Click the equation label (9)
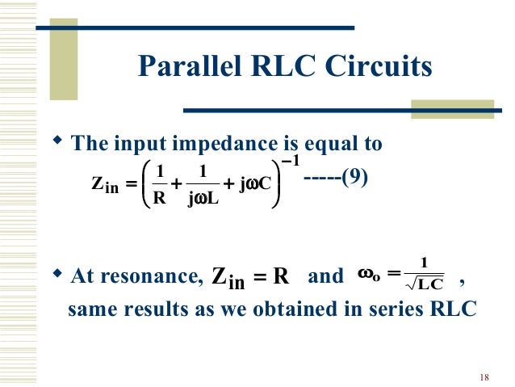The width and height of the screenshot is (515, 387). click(x=354, y=177)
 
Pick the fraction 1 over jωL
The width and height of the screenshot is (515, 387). click(x=202, y=184)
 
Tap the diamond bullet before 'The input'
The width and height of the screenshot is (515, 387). click(x=57, y=141)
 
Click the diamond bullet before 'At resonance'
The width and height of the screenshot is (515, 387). click(x=57, y=275)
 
